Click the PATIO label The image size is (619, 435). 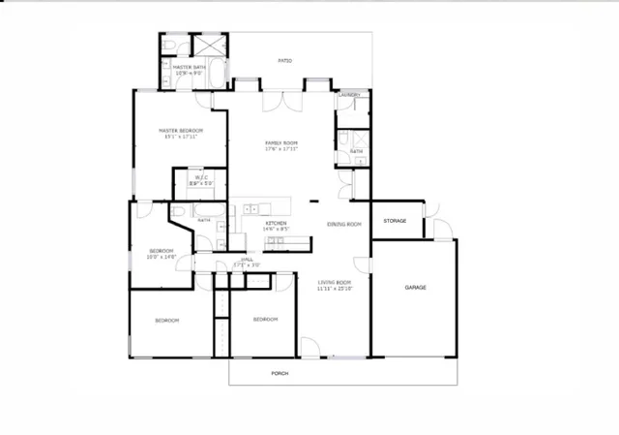coord(284,61)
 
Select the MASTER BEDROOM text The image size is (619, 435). coord(180,131)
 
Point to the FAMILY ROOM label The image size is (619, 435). coord(281,143)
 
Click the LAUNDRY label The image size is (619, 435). coord(350,95)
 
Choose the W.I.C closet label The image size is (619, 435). coord(201,177)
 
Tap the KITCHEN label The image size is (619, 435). coord(276,223)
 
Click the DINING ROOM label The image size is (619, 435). coord(343,224)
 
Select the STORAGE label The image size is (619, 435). coord(395,221)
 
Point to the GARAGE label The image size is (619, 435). coord(416,287)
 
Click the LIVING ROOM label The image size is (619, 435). coord(336,282)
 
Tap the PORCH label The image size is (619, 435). coord(279,373)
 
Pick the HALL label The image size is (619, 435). coord(248,260)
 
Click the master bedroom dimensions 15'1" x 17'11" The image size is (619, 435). coord(180,137)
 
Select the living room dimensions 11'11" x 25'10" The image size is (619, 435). coord(336,289)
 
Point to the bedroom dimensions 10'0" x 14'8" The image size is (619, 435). coord(161,257)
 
